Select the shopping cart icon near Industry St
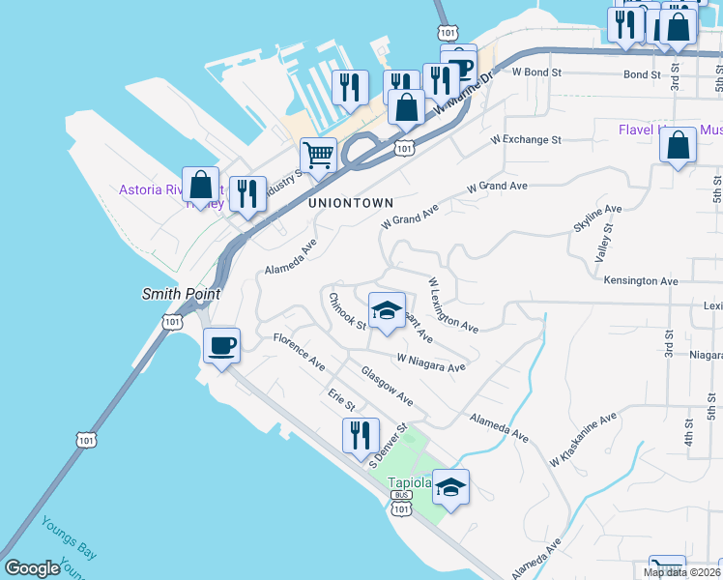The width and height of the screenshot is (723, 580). click(318, 155)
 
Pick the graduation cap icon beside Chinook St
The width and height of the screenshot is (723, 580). click(387, 310)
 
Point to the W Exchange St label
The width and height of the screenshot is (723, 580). click(526, 140)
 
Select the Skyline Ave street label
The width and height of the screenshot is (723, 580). click(597, 217)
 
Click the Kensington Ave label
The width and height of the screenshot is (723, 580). click(640, 280)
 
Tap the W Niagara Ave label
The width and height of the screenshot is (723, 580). click(431, 362)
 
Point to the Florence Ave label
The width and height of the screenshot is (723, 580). click(299, 352)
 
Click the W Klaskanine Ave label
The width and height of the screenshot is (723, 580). click(583, 439)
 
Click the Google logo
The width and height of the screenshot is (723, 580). click(33, 568)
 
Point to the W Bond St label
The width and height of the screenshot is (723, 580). click(536, 72)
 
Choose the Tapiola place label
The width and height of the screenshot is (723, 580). click(408, 483)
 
